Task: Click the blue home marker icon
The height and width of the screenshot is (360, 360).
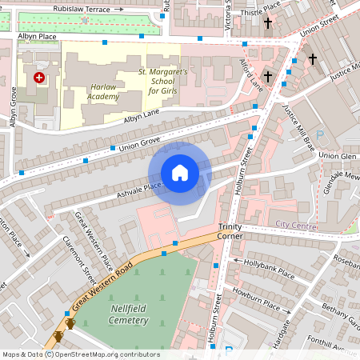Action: (180, 173)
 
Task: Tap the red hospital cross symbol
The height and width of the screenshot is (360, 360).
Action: (39, 78)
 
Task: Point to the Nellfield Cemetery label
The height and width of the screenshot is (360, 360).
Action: (117, 314)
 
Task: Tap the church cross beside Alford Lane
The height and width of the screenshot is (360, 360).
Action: (268, 77)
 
